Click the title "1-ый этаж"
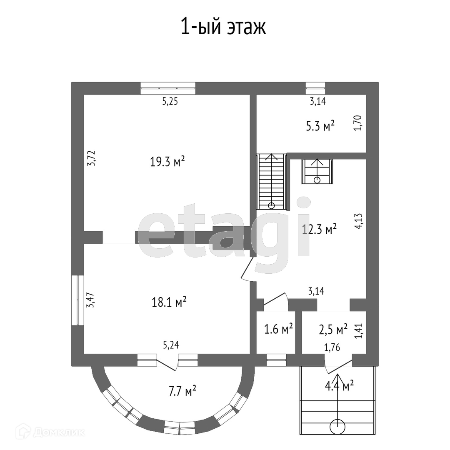223,27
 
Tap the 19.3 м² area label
167,161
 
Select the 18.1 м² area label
169,302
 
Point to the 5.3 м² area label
320,125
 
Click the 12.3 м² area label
319,229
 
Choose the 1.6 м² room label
279,329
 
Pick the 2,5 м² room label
333,330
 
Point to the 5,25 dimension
170,102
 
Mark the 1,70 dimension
357,123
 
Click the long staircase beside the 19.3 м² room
272,182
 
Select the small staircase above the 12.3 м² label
317,171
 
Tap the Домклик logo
50,432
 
